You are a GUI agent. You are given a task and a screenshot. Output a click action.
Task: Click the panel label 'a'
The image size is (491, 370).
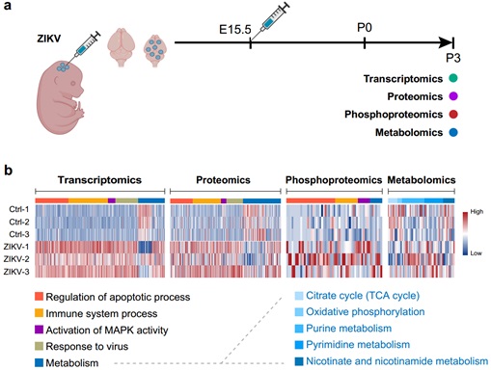[9, 9]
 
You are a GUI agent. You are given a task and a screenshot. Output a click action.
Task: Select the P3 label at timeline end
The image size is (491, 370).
[452, 59]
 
